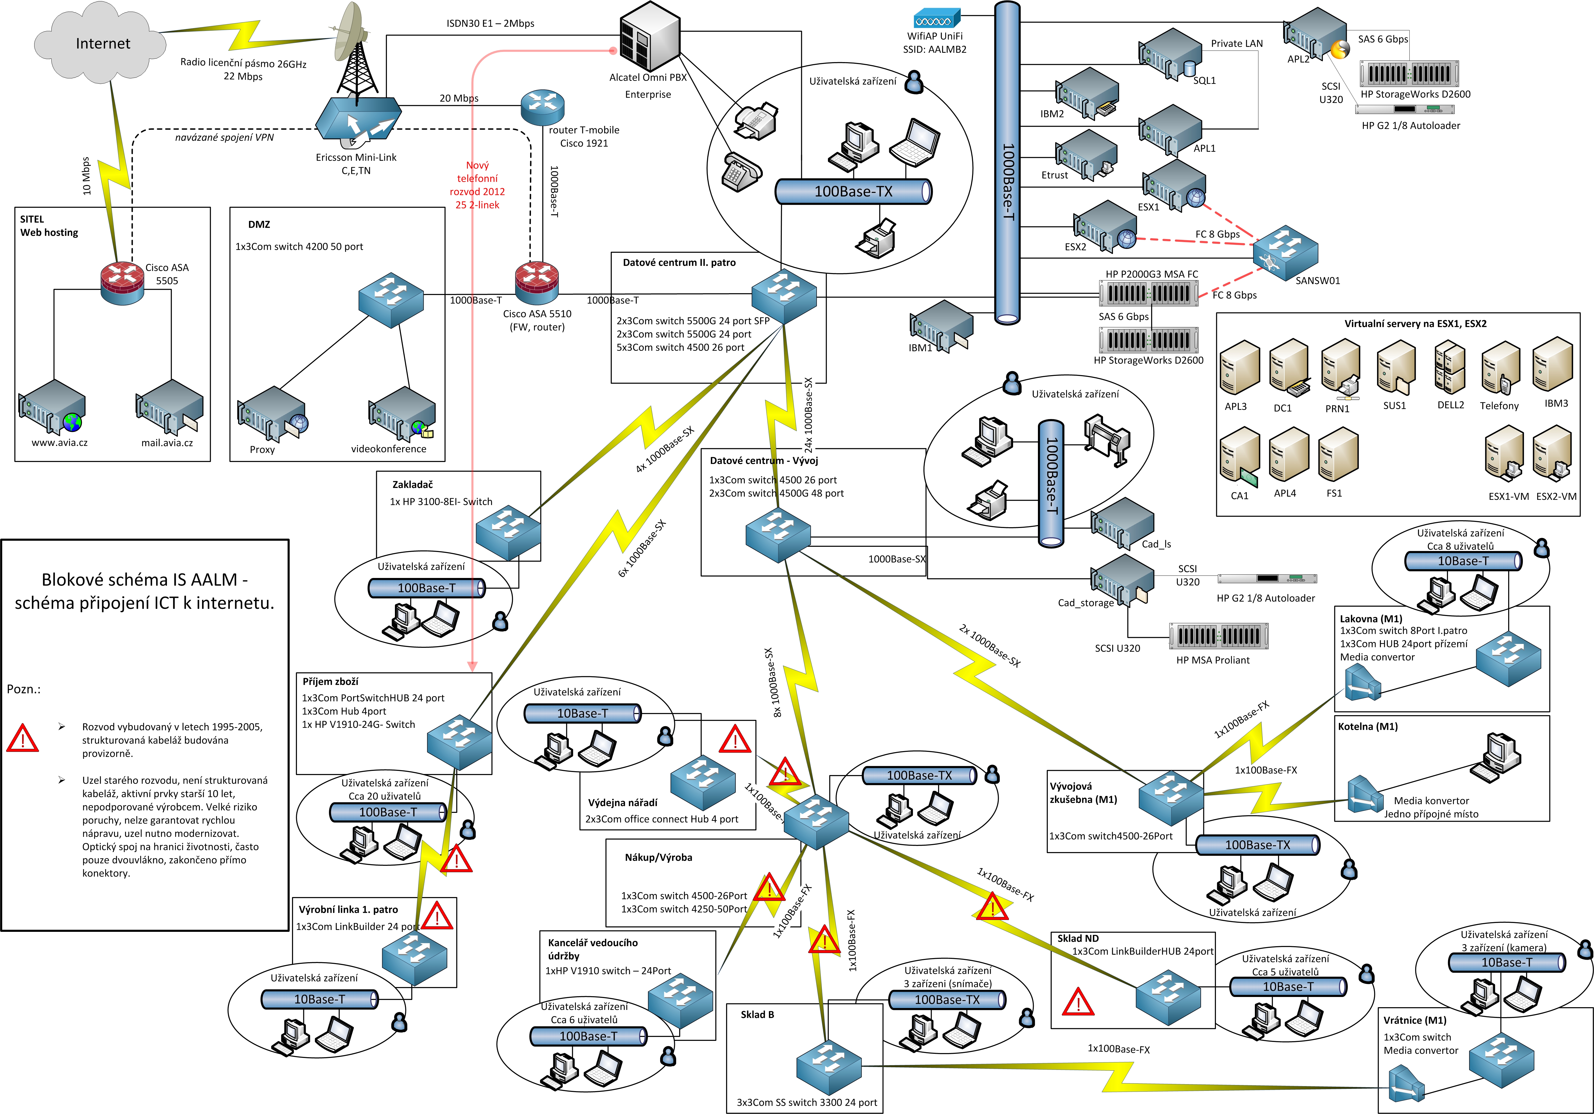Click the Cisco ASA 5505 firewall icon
[x=122, y=283]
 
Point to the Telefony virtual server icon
[x=1500, y=368]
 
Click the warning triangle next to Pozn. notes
[x=22, y=738]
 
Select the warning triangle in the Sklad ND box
[x=1077, y=1001]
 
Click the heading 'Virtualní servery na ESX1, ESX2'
[x=1415, y=324]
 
